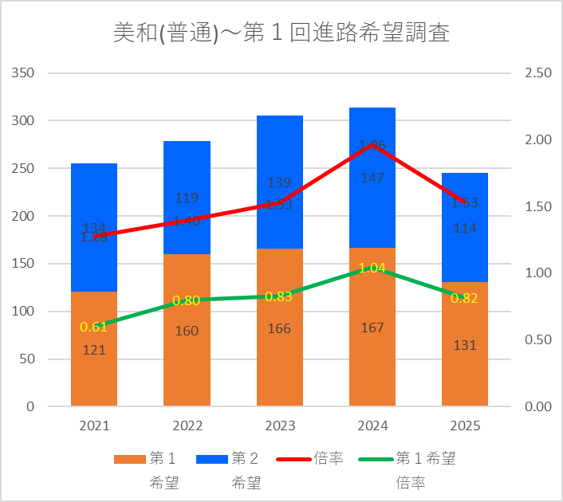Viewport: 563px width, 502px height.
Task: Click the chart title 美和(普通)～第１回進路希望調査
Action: tap(281, 33)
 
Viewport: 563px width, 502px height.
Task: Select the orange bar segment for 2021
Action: tap(94, 375)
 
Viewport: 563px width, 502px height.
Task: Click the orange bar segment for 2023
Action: tap(280, 359)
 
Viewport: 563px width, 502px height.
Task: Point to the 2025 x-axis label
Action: tap(465, 426)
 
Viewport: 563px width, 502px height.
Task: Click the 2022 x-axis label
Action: tap(187, 426)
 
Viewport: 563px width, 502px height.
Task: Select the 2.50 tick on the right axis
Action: tap(538, 73)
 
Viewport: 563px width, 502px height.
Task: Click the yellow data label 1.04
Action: tap(372, 269)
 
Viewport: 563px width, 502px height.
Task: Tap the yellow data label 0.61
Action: tap(93, 327)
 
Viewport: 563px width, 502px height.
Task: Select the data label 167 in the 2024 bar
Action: tap(372, 327)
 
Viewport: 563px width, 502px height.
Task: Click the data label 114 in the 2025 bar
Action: tap(465, 228)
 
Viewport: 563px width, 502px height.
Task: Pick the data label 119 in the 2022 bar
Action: tap(187, 198)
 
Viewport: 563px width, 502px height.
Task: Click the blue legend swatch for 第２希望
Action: tap(211, 459)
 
